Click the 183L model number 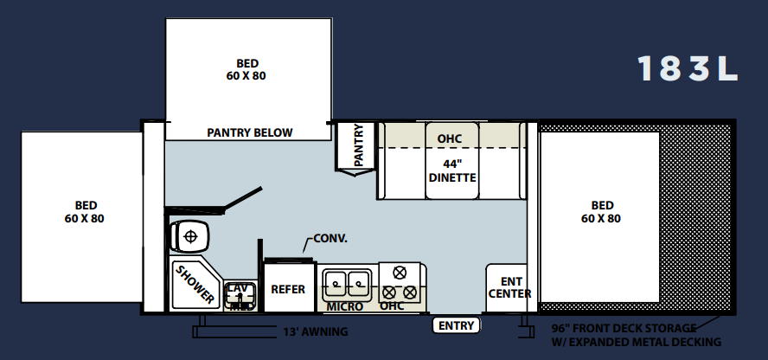point(688,68)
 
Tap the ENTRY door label point(456,325)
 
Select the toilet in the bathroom point(189,236)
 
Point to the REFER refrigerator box point(289,287)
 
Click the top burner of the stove point(400,273)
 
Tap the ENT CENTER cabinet point(507,287)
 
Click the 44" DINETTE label point(452,171)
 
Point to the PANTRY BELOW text point(250,132)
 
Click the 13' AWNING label point(316,332)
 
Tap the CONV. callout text point(330,239)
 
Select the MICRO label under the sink point(345,306)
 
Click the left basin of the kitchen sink point(335,283)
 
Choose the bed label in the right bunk point(601,212)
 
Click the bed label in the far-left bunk point(85,212)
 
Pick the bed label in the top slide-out point(246,69)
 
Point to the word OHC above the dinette point(449,139)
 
